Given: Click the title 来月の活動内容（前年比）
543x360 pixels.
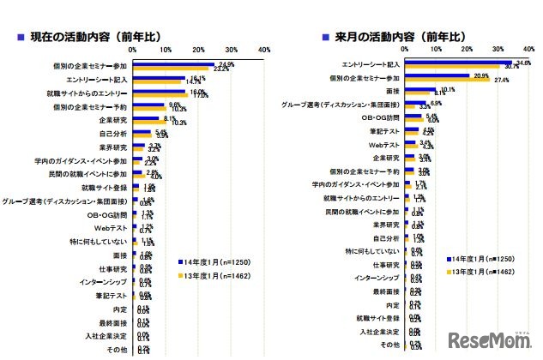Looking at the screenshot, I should [x=394, y=38].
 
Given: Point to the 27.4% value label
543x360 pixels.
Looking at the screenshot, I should [x=502, y=80].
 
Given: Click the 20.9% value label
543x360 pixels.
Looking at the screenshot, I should [x=480, y=75].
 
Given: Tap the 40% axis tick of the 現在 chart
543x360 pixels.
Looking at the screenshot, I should [x=263, y=50].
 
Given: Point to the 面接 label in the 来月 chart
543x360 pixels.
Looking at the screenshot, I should [x=391, y=90].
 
